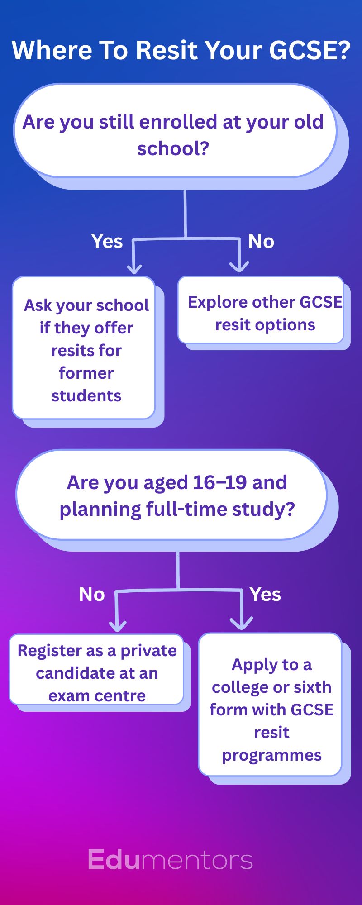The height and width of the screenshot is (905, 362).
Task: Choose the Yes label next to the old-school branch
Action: point(107,242)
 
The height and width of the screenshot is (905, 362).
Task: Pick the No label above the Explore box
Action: point(261,242)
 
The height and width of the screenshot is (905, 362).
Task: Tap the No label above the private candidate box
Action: point(92,595)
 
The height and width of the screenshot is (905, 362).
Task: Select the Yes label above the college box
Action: point(265,595)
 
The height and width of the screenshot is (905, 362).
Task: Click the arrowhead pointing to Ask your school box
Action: point(134,269)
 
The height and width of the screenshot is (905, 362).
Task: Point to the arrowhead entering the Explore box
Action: point(239,267)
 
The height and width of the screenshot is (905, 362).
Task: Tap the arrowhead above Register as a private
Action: point(118,626)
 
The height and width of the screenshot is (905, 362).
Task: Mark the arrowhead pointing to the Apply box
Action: point(242,624)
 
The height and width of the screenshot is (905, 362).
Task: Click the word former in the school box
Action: point(86,373)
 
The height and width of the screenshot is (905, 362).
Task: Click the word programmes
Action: point(271,755)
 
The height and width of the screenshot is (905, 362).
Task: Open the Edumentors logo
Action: point(170,860)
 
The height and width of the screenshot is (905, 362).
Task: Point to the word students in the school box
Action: point(86,396)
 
